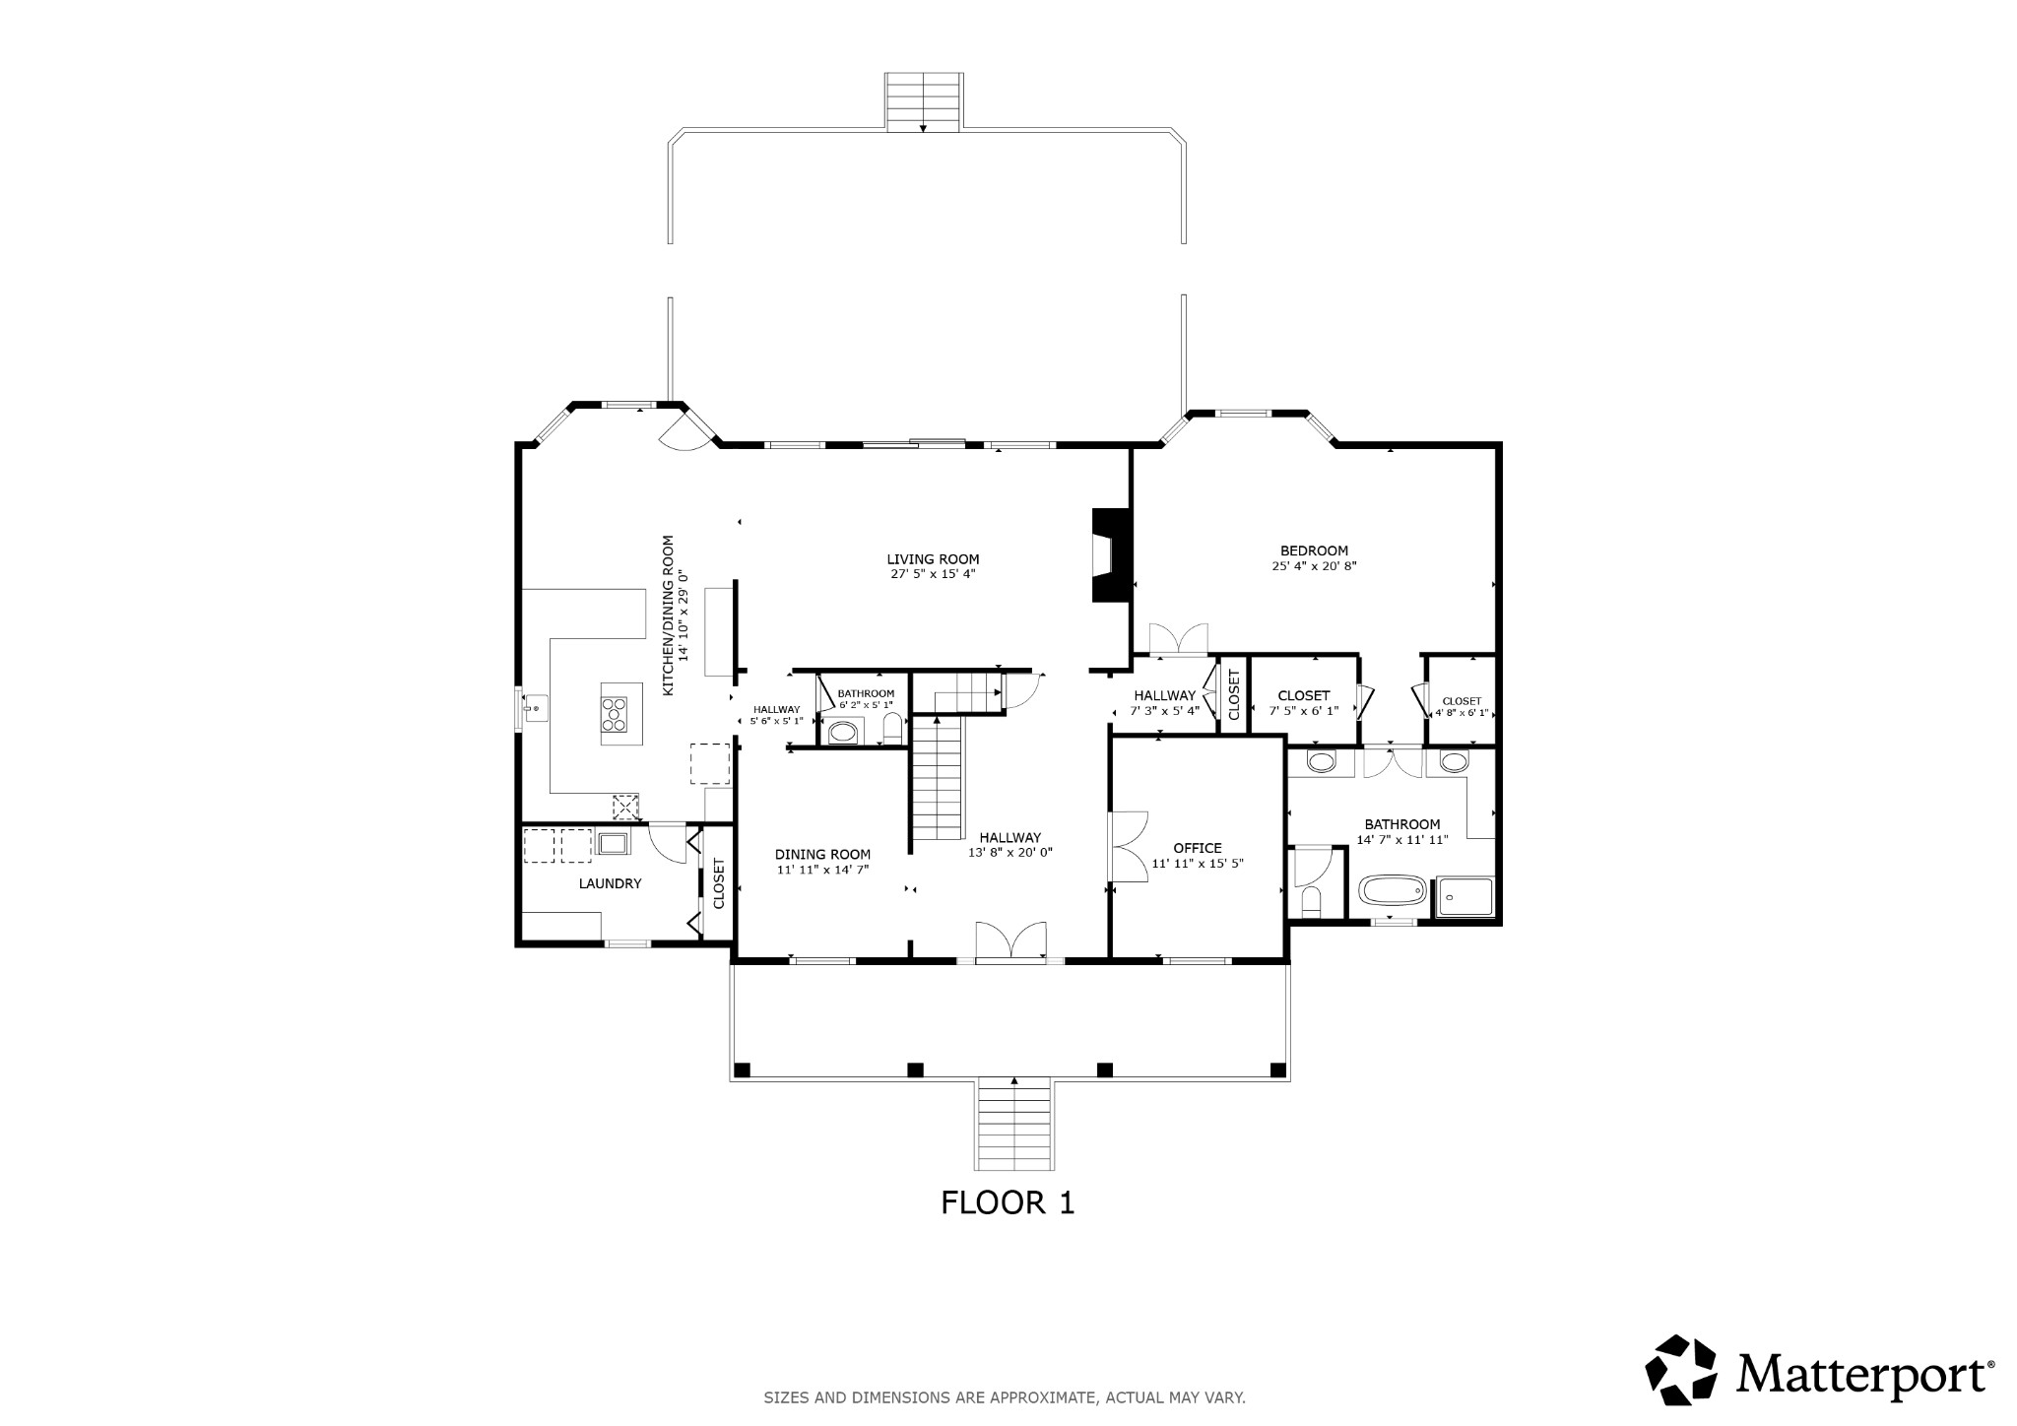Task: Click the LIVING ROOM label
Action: pyautogui.click(x=933, y=559)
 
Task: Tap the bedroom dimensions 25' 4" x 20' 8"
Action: pyautogui.click(x=1314, y=566)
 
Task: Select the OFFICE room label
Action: pyautogui.click(x=1198, y=848)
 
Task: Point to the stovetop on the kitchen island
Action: pyautogui.click(x=615, y=713)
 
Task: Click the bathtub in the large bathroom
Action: pyautogui.click(x=1393, y=892)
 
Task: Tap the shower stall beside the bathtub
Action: pyautogui.click(x=1464, y=896)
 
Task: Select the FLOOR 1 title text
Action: pyautogui.click(x=1008, y=1202)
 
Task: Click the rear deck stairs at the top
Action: pyautogui.click(x=923, y=100)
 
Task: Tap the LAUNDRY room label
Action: pyautogui.click(x=610, y=884)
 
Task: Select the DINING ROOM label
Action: pyautogui.click(x=822, y=855)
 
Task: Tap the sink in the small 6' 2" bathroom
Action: pyautogui.click(x=842, y=733)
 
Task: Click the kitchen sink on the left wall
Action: pyautogui.click(x=535, y=707)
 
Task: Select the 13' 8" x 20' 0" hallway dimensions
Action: pyautogui.click(x=1010, y=853)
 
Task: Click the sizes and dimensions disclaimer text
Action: pyautogui.click(x=1005, y=1397)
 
